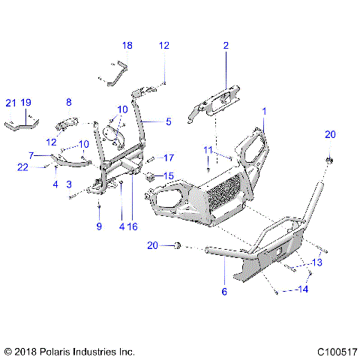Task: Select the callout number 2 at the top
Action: (x=225, y=46)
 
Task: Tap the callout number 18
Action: (x=127, y=46)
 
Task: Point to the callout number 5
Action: (x=169, y=121)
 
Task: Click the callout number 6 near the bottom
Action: (x=223, y=291)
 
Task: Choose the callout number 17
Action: (x=169, y=158)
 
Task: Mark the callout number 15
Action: (x=168, y=176)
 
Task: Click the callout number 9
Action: (x=97, y=226)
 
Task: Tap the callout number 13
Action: (x=316, y=262)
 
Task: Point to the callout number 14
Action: (x=304, y=289)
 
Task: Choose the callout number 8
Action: (x=68, y=102)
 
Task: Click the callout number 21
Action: (x=10, y=102)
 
